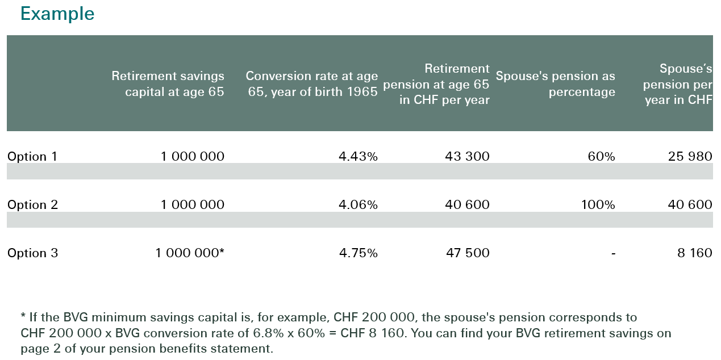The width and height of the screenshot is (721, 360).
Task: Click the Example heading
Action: [57, 14]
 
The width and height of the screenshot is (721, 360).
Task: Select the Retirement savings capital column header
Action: [168, 83]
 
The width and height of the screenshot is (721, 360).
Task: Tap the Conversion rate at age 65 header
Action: [311, 83]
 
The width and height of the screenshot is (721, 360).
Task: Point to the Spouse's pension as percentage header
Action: [555, 83]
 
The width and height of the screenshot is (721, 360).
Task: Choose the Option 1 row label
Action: [32, 156]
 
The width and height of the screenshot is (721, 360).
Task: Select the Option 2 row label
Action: [32, 204]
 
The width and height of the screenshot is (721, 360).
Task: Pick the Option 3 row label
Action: [32, 253]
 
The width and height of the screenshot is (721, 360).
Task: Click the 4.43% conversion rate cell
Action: [358, 156]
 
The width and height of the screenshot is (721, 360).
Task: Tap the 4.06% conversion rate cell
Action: [358, 204]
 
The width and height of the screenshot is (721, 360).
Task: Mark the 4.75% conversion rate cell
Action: [358, 253]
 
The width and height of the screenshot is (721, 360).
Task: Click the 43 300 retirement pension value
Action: [467, 156]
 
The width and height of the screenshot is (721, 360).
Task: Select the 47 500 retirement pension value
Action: [467, 253]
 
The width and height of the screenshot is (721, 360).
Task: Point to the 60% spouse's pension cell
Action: [601, 156]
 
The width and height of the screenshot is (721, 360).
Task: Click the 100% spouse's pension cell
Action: [598, 204]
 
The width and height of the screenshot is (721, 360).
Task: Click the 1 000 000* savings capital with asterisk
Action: [190, 253]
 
